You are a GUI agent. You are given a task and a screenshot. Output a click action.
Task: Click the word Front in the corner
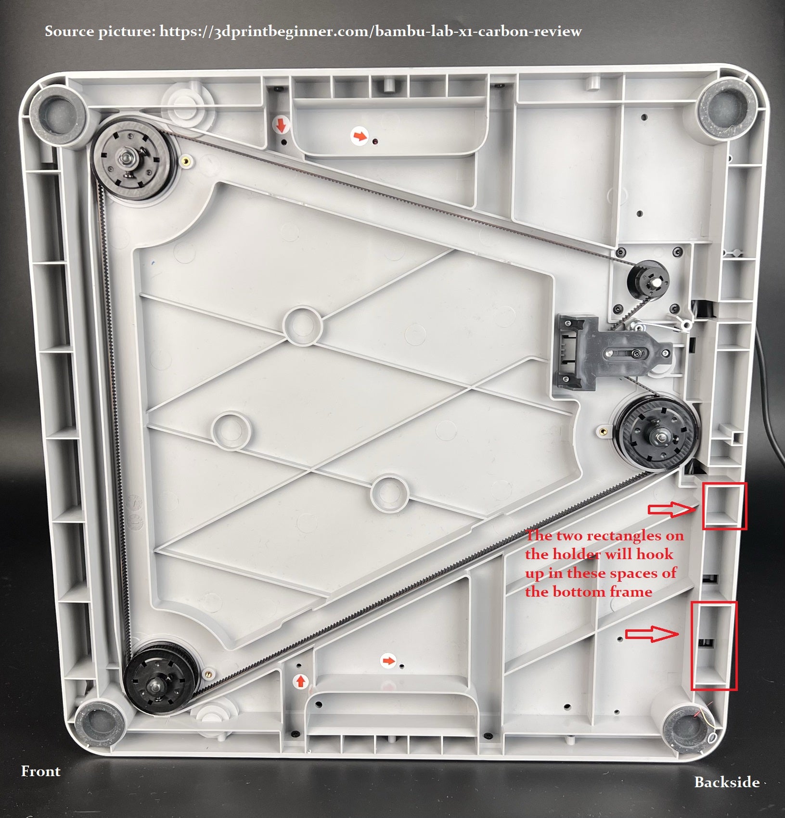click(x=40, y=771)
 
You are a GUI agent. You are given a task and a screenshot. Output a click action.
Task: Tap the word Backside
click(x=727, y=782)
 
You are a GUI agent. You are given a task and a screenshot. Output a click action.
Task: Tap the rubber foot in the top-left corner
click(x=58, y=116)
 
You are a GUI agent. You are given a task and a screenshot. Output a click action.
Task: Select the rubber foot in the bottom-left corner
click(x=101, y=723)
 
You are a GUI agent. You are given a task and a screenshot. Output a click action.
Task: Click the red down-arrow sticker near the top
click(x=281, y=126)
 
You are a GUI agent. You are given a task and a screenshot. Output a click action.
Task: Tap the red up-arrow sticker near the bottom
click(x=301, y=681)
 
